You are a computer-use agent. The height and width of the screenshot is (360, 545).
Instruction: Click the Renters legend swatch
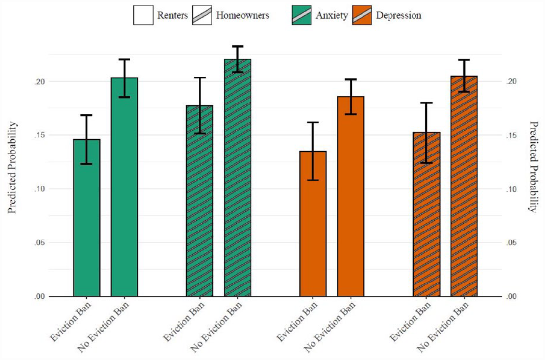143,15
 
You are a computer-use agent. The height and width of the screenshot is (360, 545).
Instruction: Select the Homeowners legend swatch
202,15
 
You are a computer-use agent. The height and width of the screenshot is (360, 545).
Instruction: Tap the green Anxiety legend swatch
302,15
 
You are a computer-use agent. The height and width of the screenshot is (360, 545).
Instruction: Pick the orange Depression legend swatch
362,15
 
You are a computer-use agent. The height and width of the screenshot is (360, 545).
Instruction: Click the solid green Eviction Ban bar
86,218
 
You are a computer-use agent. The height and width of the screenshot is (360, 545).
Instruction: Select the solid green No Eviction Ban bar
125,187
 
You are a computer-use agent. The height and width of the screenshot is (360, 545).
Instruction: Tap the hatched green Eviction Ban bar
200,201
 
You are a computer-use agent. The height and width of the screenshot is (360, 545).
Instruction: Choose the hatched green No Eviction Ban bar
237,178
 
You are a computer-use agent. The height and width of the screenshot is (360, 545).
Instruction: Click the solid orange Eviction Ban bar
313,224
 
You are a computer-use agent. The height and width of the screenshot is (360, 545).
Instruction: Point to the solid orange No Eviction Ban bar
351,196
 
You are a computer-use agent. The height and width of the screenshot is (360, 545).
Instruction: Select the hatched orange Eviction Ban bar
426,214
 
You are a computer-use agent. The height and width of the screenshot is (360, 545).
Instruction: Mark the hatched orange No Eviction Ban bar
464,186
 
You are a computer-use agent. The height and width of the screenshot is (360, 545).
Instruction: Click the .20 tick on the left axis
40,81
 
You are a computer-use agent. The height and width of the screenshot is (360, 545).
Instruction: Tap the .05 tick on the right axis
512,243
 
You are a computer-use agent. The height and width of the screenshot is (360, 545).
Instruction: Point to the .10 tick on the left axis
40,189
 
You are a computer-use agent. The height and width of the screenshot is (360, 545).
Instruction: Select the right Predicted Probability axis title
534,166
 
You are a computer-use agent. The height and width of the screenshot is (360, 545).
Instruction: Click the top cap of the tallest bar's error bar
237,46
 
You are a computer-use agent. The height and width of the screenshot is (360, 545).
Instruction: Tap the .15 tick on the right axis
512,135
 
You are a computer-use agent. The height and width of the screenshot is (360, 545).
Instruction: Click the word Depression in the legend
399,15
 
